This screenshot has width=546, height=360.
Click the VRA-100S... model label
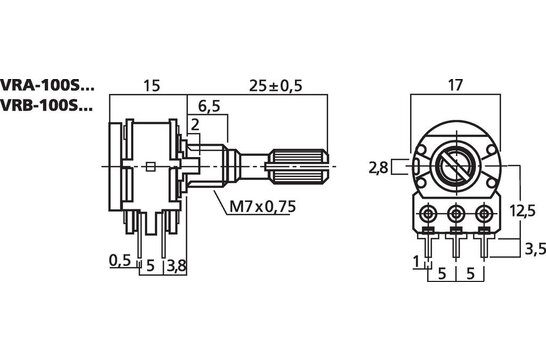pos(47,85)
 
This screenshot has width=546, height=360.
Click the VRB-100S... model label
pos(47,106)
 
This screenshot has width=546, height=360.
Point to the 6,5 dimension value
pos(210,105)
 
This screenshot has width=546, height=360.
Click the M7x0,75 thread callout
pos(255,207)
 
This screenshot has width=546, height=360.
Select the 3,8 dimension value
pos(176,265)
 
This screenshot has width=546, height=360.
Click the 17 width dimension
pos(456,85)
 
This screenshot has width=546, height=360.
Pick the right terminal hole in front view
pos(485,213)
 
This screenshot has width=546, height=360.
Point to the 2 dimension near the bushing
pos(195,124)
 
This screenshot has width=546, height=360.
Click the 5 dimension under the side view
pos(150,265)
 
